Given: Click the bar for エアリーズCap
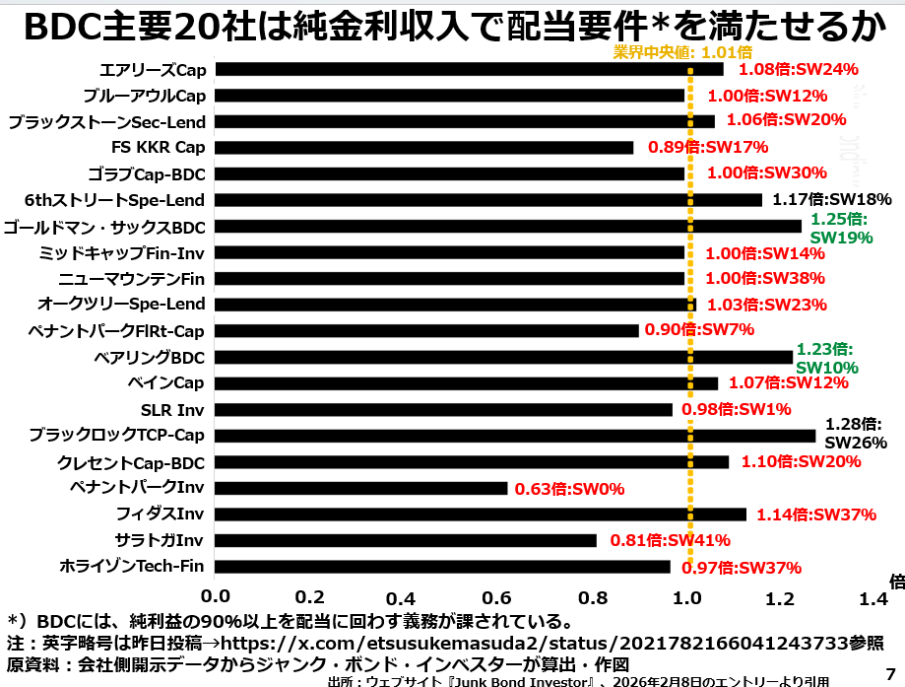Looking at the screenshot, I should [469, 70].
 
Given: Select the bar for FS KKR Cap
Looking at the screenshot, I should [424, 148].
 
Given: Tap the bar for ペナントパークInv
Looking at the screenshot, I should [361, 488].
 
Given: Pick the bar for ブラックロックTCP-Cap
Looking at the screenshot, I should [515, 436].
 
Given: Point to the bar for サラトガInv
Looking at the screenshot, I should [406, 540].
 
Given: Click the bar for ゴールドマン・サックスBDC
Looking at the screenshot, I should [508, 227].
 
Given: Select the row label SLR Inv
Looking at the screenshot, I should [173, 409].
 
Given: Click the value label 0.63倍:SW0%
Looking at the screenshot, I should [566, 488].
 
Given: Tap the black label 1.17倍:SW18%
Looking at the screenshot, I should [831, 199].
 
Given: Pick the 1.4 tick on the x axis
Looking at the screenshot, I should [874, 596].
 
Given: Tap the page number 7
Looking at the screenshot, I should [890, 667].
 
